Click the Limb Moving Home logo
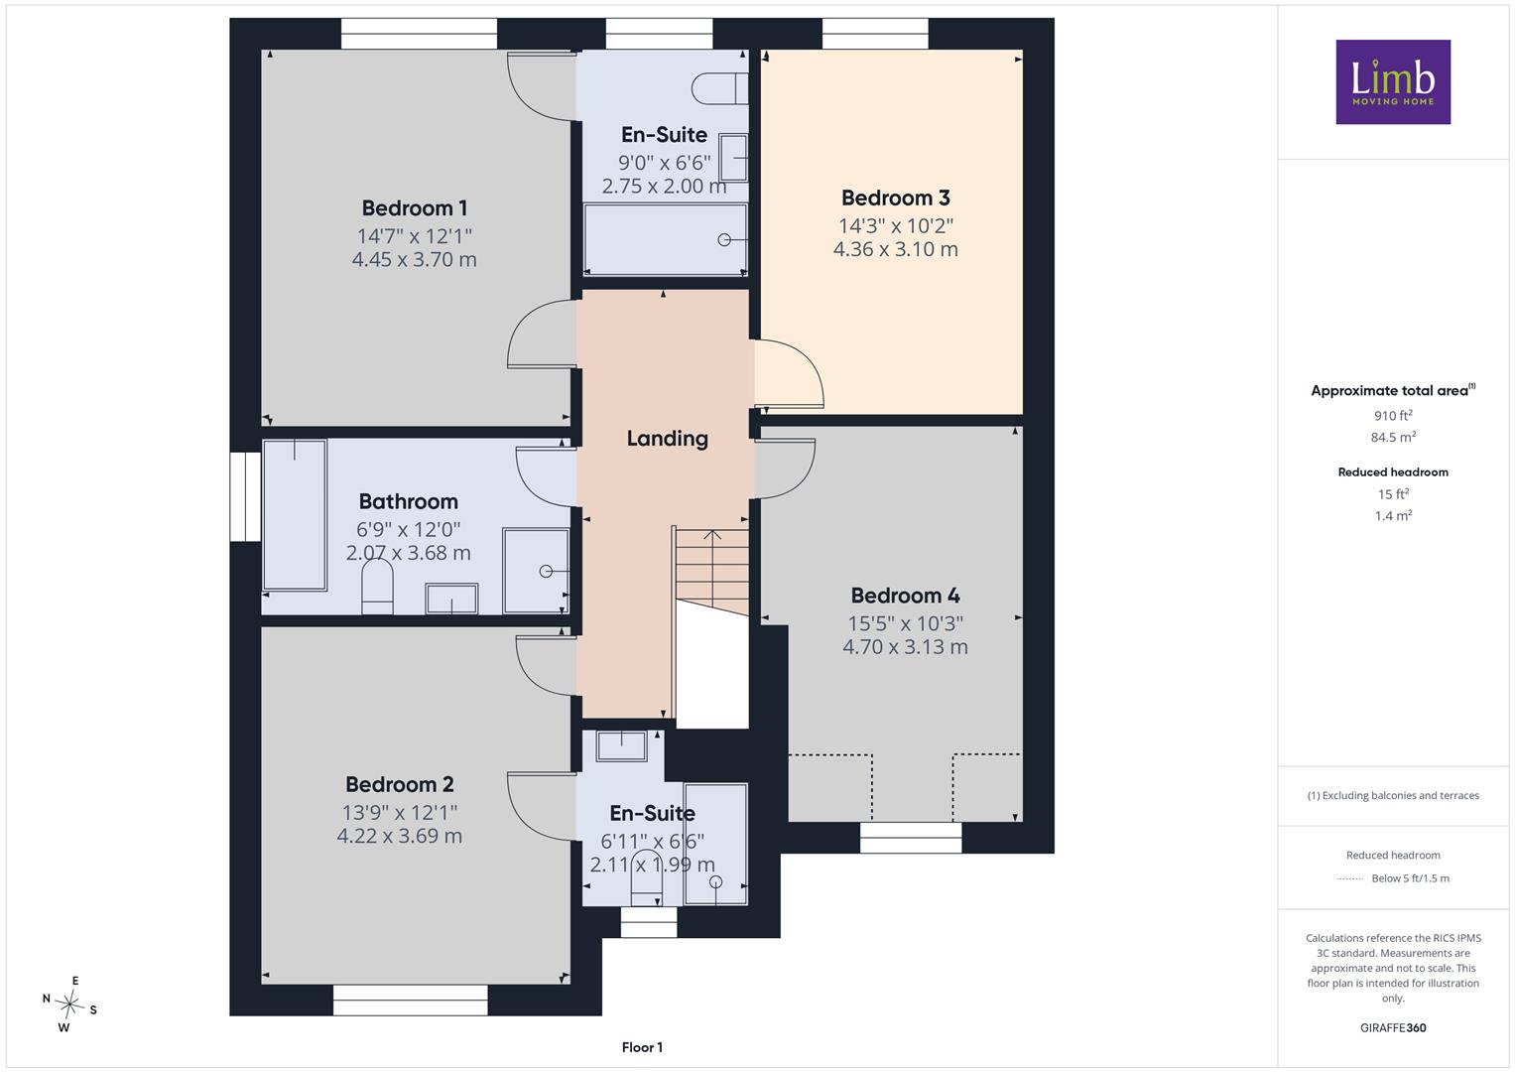(x=1393, y=81)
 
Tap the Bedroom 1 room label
(x=414, y=207)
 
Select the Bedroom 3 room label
(x=896, y=198)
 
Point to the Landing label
(x=667, y=439)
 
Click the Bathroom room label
(x=408, y=501)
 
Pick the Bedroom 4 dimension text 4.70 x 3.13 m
(x=905, y=647)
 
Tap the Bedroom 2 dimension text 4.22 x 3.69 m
(x=399, y=836)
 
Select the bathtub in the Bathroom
(x=295, y=515)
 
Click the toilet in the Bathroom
(x=377, y=589)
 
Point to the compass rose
(x=69, y=1004)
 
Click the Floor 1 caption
(x=642, y=1047)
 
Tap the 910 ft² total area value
(x=1393, y=416)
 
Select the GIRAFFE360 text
(x=1393, y=1028)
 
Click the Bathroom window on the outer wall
(x=245, y=496)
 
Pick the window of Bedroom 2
(x=410, y=1001)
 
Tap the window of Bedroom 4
(x=911, y=837)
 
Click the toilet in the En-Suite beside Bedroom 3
(x=719, y=88)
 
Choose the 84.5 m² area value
(x=1393, y=437)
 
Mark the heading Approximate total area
(x=1389, y=390)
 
